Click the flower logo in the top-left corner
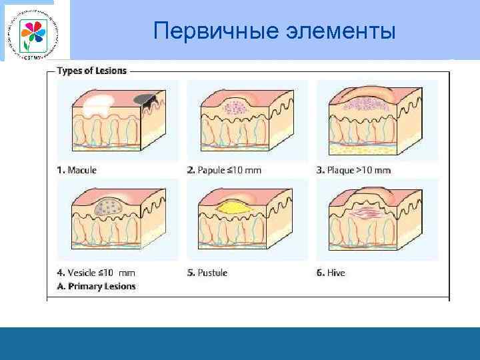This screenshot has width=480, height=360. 31,31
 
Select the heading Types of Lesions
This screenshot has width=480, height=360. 91,70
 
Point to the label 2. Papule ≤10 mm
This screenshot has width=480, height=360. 224,170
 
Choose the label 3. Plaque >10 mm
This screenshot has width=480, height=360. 353,170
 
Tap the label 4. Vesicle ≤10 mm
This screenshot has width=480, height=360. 96,273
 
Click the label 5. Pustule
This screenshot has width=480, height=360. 207,273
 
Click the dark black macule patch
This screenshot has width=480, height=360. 145,99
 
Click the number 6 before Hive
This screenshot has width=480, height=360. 320,273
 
